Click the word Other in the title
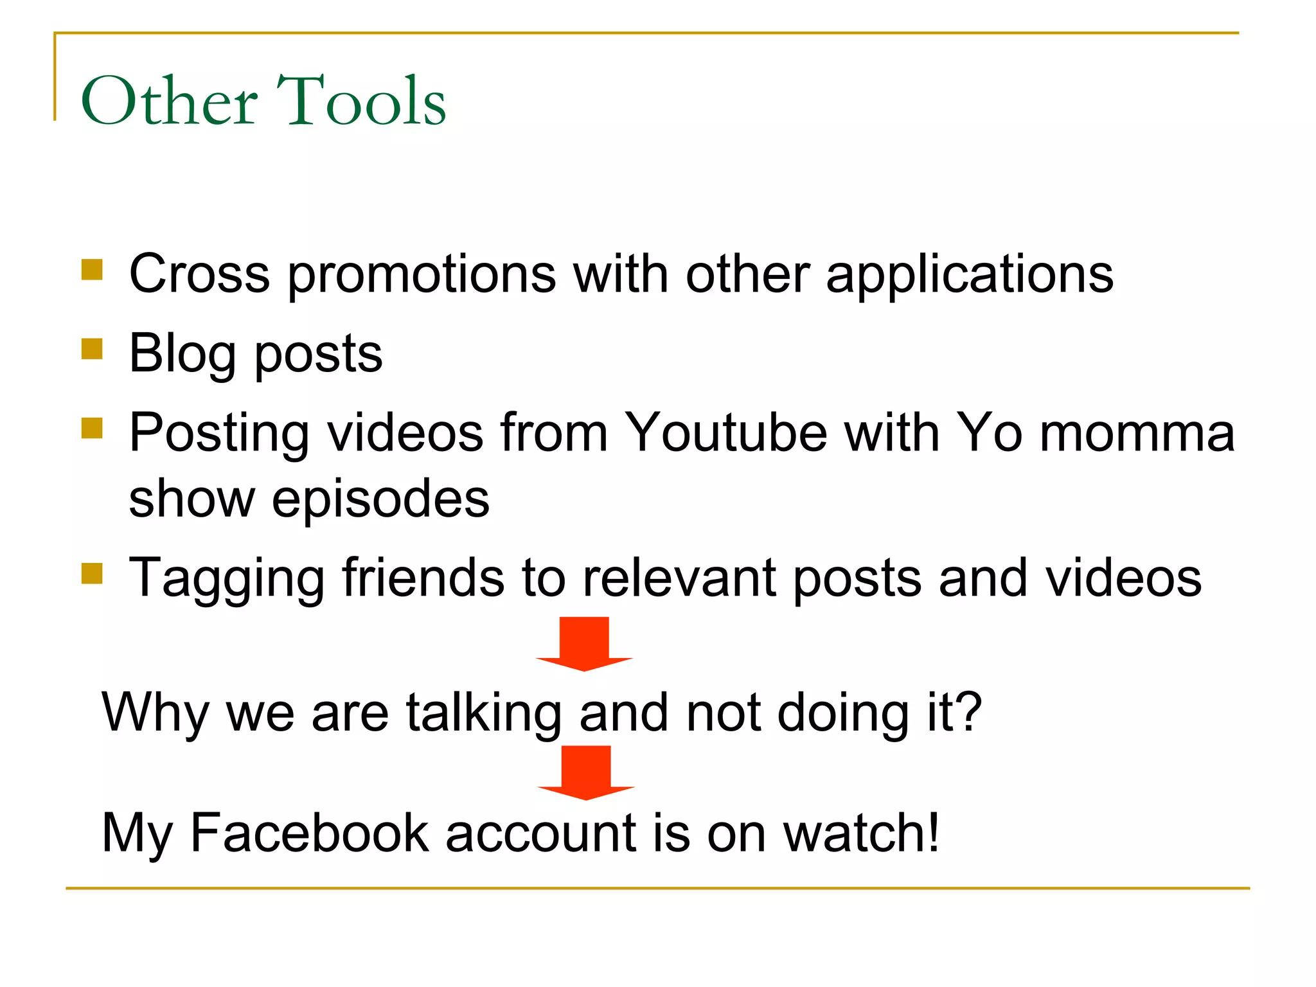[169, 101]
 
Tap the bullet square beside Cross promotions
[92, 270]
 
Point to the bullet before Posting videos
[92, 428]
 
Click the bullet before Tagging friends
[92, 573]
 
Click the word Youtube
[725, 432]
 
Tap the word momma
[1137, 432]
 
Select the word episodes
[380, 500]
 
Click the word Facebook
[309, 833]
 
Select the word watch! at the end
[862, 833]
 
